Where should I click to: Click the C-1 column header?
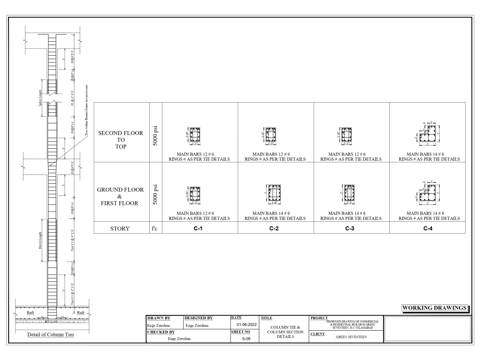200,229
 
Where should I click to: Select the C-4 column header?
427,229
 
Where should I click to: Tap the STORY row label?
120,229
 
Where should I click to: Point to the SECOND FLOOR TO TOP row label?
120,139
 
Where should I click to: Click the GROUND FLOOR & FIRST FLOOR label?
120,196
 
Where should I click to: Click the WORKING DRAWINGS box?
435,307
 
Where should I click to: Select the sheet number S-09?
245,338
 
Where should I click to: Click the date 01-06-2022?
245,324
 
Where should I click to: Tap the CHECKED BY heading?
161,331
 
